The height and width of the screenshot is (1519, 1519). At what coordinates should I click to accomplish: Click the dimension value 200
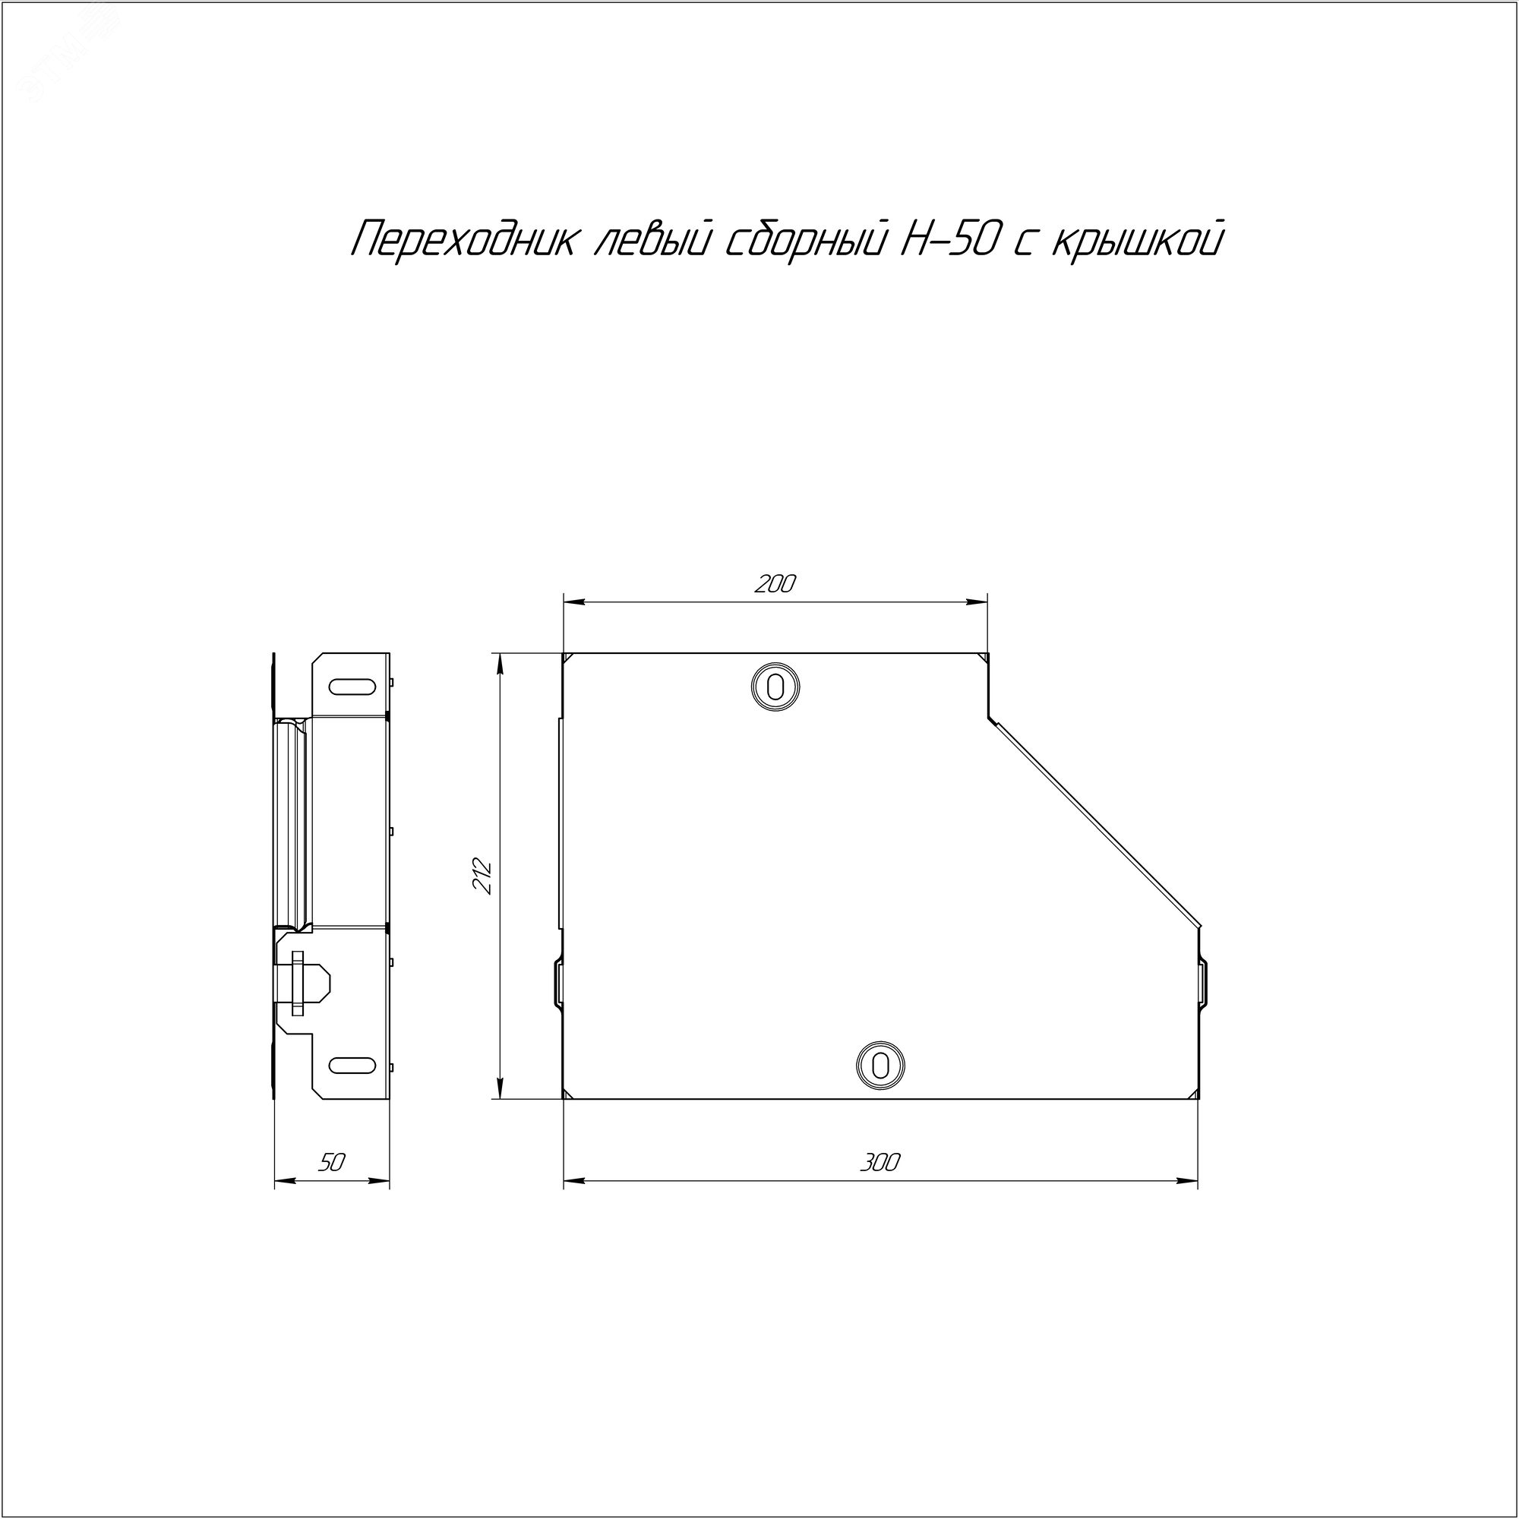point(775,584)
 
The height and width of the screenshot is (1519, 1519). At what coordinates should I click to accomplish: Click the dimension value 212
point(482,876)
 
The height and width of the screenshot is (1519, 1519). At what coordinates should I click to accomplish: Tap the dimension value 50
point(332,1163)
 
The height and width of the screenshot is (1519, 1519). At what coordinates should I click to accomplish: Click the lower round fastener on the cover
point(880,1066)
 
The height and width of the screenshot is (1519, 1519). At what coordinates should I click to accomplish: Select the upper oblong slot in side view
point(352,687)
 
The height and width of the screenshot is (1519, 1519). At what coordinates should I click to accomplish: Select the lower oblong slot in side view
point(352,1066)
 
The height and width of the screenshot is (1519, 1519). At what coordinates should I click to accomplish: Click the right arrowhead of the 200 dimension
point(979,602)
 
